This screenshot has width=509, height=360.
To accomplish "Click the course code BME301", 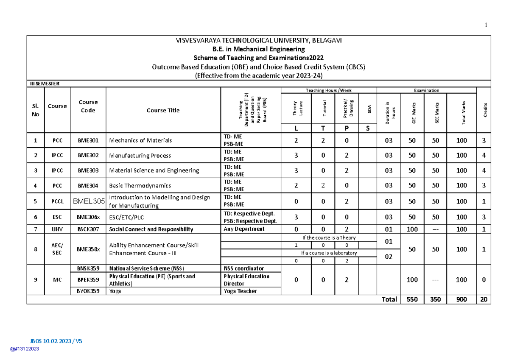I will pos(88,140).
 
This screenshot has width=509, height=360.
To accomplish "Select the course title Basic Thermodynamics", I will pos(140,185).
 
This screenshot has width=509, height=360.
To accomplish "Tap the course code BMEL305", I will pos(88,201).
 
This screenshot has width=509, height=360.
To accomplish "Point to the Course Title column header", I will pos(163,110).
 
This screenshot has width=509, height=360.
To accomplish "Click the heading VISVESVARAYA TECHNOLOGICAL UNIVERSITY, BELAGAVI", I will pos(259,40).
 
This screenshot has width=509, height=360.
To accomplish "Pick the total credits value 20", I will pos(484,299).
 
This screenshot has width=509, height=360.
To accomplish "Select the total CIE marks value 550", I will pos(412,299).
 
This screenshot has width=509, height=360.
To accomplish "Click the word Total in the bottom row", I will pos(389,299).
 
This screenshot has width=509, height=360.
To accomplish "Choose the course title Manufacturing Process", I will pos(140,156).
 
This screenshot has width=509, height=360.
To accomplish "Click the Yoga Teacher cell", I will pos(240,291).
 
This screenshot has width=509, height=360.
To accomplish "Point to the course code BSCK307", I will pos(88,229).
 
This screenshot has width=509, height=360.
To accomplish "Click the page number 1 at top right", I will pos(486,25).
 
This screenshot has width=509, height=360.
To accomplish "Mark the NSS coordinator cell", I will pos(243,268).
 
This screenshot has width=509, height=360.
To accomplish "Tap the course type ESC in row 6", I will pos(57,217).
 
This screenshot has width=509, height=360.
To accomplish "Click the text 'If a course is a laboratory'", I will pos(329,253).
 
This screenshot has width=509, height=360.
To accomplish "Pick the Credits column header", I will pos(484,110).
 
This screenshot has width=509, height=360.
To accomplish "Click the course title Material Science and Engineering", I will pos(154,170).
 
